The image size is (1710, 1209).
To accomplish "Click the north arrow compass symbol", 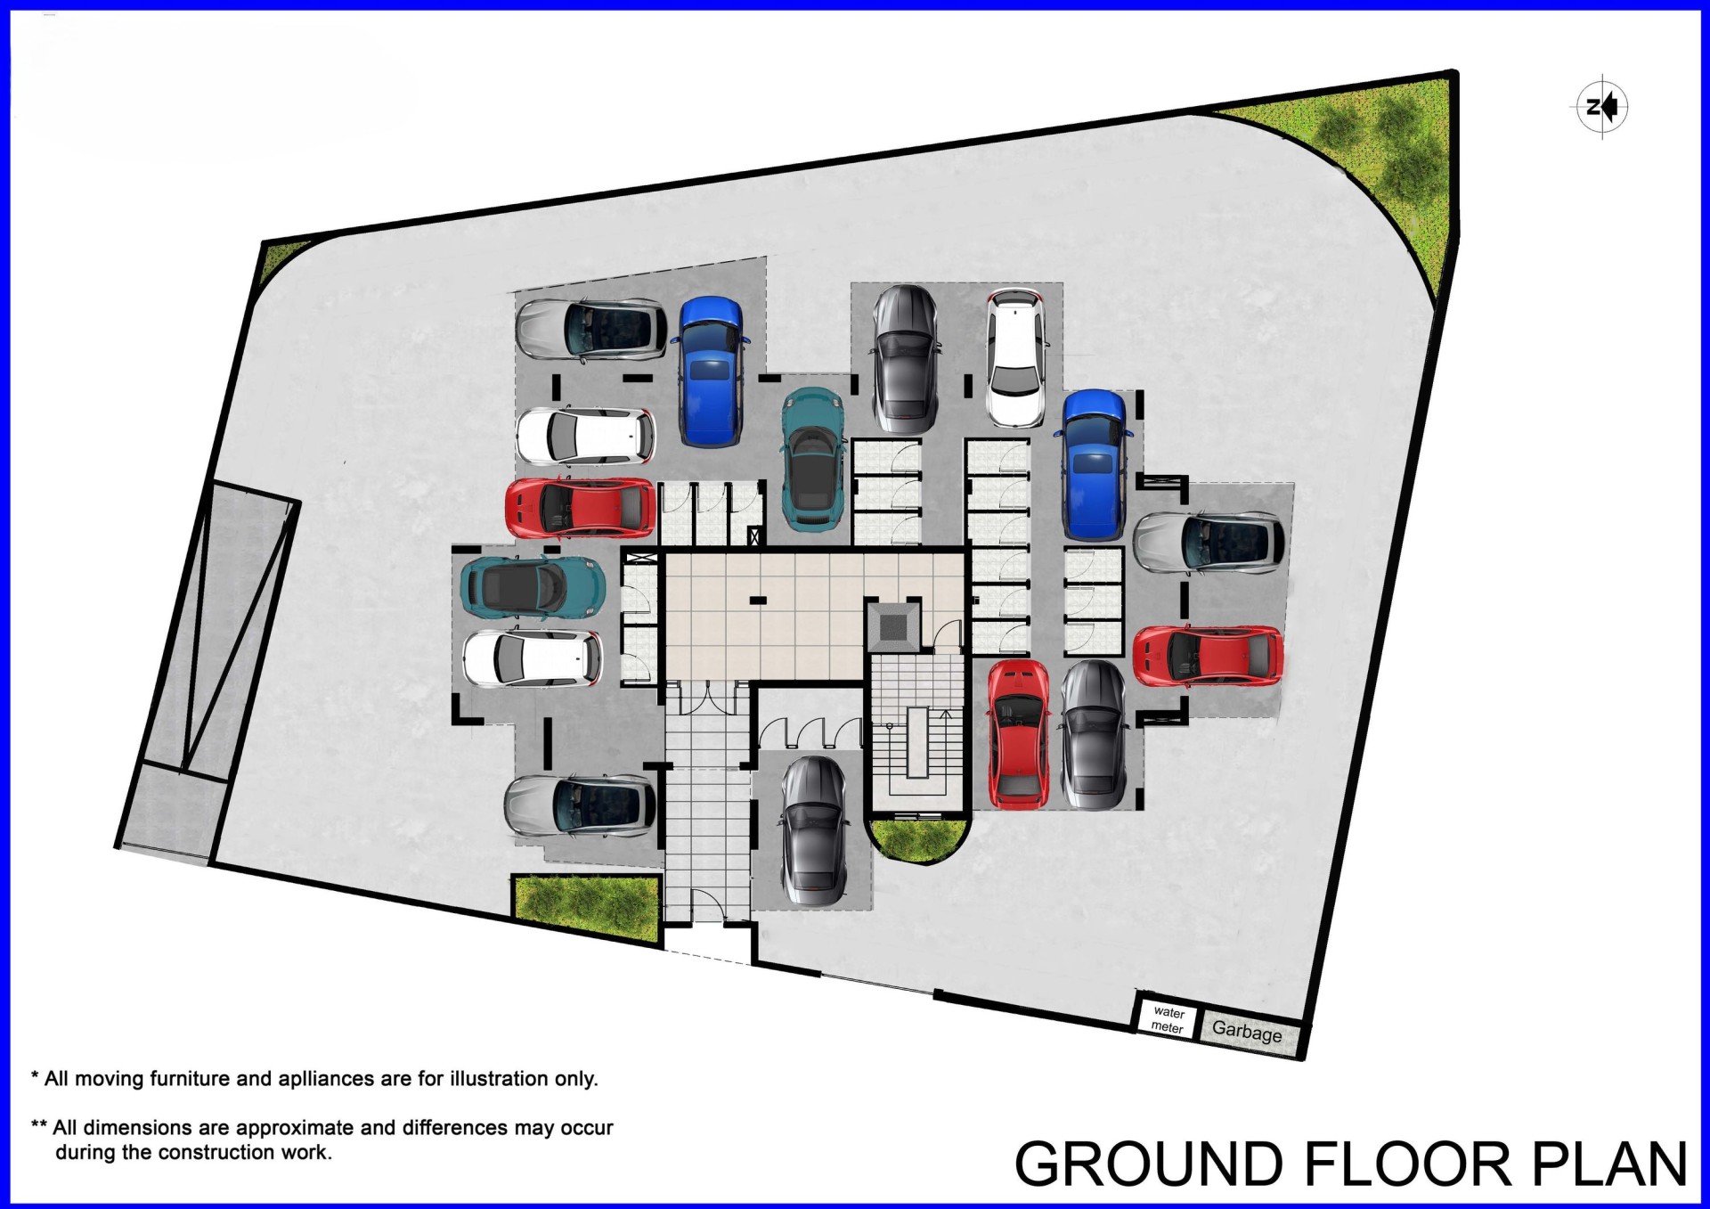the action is click(x=1602, y=107).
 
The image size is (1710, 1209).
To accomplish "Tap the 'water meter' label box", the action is click(x=1168, y=1019).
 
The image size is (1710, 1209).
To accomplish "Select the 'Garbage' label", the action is click(x=1247, y=1031).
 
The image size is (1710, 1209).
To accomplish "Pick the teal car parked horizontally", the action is click(x=533, y=587).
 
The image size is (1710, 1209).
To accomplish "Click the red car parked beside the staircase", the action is click(x=1019, y=733).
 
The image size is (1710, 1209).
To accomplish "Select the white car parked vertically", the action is click(x=1015, y=357).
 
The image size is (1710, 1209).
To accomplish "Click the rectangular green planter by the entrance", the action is click(x=587, y=907).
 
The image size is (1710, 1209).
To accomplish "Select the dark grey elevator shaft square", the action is click(x=893, y=627).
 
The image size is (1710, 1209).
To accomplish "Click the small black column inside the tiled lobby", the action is click(x=758, y=600).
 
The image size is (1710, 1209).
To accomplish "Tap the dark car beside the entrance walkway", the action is click(x=813, y=831).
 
